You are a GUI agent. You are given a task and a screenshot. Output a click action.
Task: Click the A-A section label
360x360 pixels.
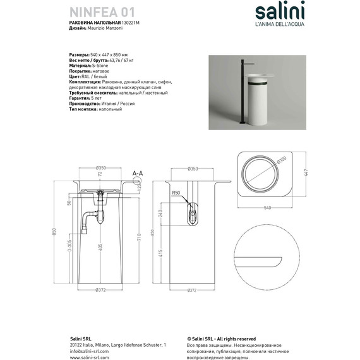click(137, 172)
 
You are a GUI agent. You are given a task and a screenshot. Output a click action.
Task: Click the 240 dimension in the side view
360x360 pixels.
click(160, 212)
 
